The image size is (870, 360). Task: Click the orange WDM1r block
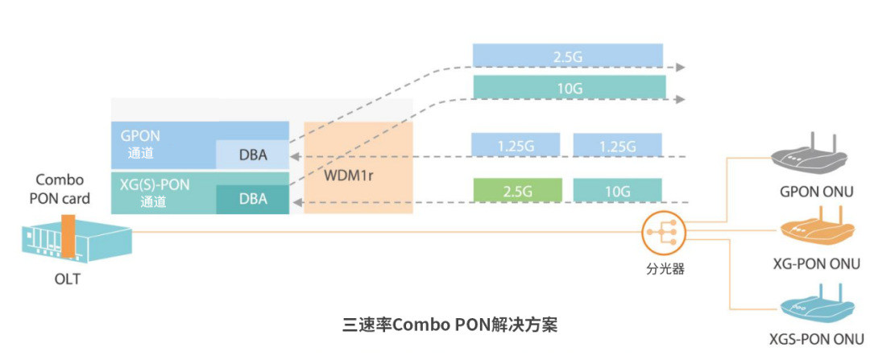(358, 167)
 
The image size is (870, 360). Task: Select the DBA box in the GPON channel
(252, 154)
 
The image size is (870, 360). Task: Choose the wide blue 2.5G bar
(568, 56)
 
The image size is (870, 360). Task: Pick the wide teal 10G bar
(569, 87)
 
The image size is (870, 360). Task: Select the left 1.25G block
(516, 145)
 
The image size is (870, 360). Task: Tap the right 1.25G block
(617, 145)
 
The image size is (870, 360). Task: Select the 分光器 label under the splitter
(666, 269)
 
